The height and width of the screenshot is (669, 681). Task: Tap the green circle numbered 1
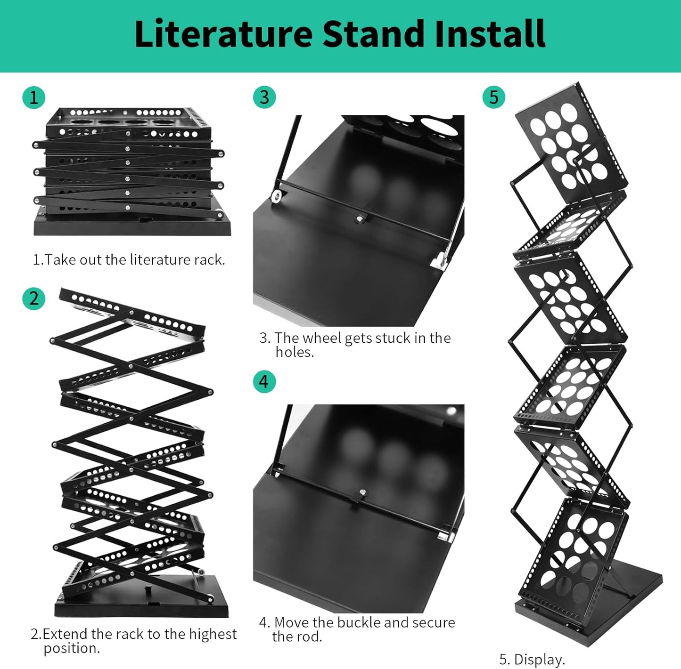(33, 97)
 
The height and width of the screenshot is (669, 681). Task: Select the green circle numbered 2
(33, 298)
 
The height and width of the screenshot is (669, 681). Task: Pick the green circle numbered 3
(264, 97)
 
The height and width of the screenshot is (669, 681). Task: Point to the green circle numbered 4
(264, 381)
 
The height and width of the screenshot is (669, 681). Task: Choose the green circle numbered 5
(493, 97)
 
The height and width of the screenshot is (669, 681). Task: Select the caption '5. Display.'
(532, 659)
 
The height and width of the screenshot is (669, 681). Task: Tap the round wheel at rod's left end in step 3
(278, 196)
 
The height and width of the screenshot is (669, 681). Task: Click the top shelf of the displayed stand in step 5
(571, 141)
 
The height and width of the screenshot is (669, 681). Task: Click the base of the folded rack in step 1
(132, 225)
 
